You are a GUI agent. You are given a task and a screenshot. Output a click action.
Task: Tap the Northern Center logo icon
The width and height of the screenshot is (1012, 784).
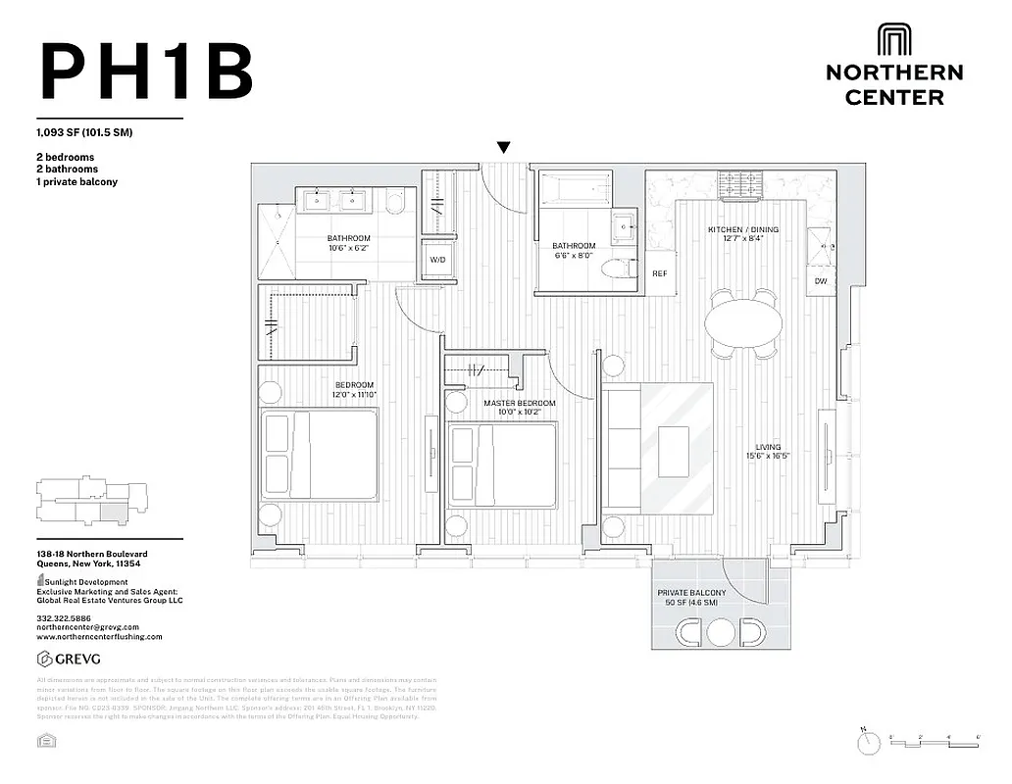coord(893,39)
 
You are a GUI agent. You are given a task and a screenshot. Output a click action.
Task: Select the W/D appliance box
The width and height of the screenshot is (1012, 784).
coord(436,260)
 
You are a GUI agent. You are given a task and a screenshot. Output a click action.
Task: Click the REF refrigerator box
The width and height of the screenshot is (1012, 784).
coord(660,273)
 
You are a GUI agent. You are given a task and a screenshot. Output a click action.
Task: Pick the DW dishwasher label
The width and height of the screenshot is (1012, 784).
coord(820,282)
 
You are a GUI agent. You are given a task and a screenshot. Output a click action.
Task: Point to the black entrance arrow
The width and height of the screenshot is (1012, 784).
coord(503,148)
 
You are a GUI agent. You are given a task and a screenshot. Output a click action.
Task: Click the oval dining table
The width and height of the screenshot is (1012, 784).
coord(744,321)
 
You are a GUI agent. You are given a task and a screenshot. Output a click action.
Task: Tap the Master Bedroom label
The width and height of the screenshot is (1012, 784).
coord(519,403)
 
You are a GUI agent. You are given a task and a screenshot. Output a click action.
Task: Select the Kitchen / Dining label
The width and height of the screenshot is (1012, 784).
coord(742,230)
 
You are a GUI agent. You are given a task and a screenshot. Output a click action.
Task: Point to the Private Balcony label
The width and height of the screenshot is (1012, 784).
coord(692,593)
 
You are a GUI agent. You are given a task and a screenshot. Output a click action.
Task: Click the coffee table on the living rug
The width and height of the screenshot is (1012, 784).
coord(674,450)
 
